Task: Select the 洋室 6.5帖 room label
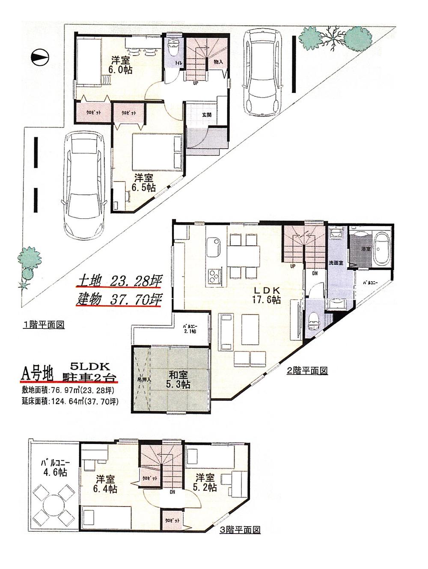[x=139, y=183]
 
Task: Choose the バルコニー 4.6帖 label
[x=55, y=468]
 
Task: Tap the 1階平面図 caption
[x=43, y=325]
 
